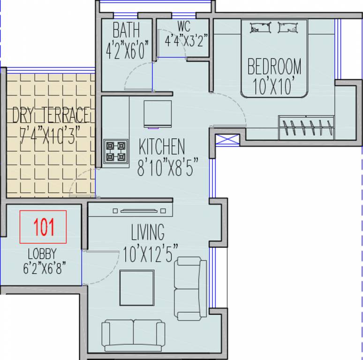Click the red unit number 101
tap(44, 227)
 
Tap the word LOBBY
tap(42, 254)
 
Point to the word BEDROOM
tap(274, 67)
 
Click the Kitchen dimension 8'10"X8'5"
tap(167, 167)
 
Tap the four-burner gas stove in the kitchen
tap(116, 151)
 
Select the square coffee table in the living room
tap(137, 288)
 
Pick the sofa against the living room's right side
tap(190, 288)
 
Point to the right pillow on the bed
tap(287, 28)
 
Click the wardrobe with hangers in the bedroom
tap(306, 127)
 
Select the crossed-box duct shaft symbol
tap(227, 140)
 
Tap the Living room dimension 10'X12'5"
tap(150, 254)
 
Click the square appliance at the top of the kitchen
tap(158, 114)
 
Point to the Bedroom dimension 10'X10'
tap(274, 87)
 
